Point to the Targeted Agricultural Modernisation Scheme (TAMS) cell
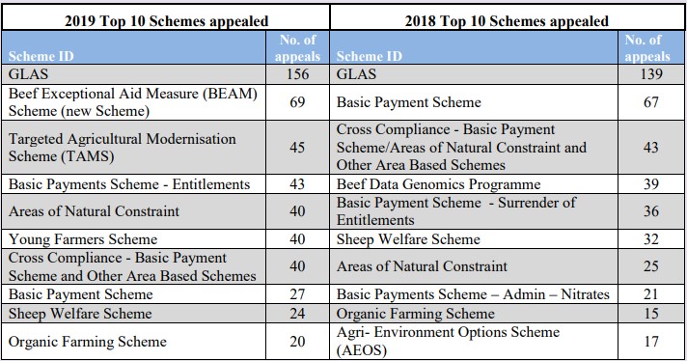point(123,147)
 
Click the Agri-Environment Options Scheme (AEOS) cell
point(447,341)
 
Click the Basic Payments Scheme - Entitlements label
point(129,183)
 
